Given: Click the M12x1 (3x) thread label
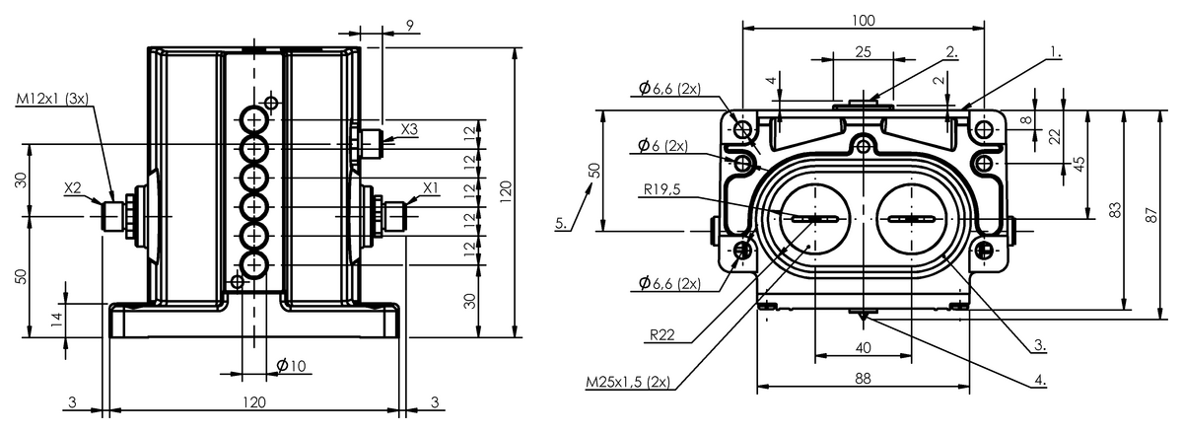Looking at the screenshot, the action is [x=52, y=99].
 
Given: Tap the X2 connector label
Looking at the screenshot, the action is [x=73, y=187].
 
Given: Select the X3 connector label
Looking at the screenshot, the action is [x=409, y=129].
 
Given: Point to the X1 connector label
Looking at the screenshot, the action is [x=431, y=187].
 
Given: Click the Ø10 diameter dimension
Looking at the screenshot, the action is [x=291, y=365].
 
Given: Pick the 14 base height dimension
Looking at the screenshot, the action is [x=57, y=319].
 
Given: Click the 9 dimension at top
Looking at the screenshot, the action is [x=410, y=25].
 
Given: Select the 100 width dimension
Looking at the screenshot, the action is [x=863, y=21].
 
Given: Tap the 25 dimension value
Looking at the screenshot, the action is [x=863, y=52].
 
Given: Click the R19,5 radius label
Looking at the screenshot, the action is [x=661, y=188].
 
